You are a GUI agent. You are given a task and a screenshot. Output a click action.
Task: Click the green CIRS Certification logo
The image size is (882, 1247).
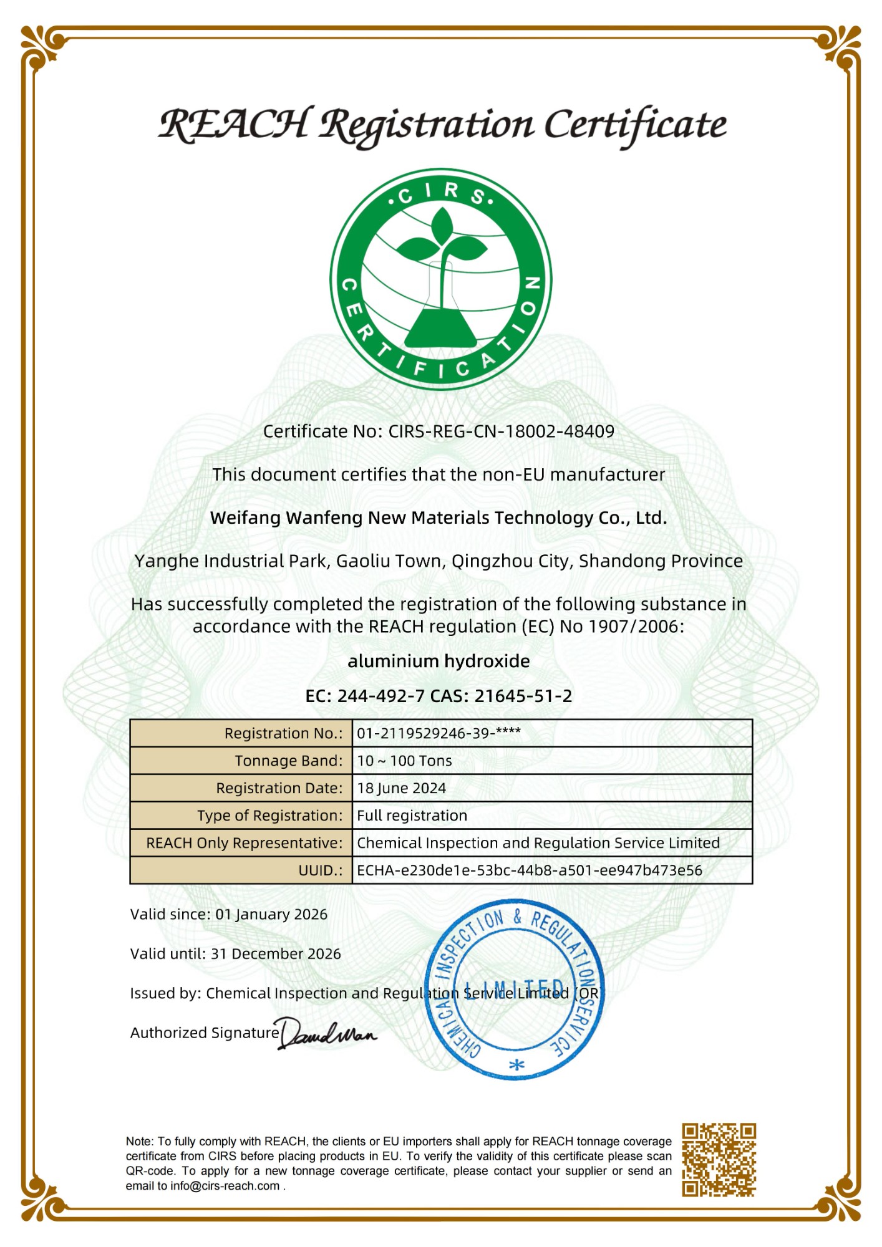(x=440, y=279)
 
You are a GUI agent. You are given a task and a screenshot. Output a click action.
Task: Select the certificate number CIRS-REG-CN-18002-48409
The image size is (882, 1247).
(x=501, y=431)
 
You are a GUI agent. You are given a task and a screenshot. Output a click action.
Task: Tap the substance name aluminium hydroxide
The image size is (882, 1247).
(x=439, y=661)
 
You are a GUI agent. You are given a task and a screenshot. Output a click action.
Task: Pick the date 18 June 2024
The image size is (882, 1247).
(x=401, y=788)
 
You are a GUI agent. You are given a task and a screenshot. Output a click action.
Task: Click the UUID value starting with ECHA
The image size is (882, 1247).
(x=529, y=870)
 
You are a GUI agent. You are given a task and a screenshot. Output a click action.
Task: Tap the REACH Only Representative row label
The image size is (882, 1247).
(x=244, y=843)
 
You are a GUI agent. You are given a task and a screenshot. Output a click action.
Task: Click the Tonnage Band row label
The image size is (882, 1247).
(x=288, y=761)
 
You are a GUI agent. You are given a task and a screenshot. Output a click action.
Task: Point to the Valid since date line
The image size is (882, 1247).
(x=228, y=915)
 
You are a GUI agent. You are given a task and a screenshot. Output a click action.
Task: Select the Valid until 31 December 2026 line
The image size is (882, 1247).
(x=235, y=954)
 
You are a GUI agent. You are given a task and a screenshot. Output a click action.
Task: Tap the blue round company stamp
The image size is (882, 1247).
(x=514, y=989)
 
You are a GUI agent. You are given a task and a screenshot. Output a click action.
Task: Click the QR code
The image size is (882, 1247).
(x=719, y=1160)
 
